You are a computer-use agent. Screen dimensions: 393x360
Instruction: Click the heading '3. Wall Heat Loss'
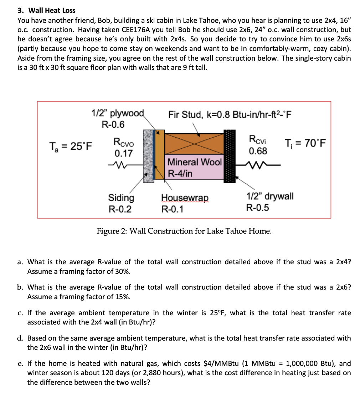pyautogui.click(x=46, y=10)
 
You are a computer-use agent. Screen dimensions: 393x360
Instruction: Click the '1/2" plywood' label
pyautogui.click(x=118, y=113)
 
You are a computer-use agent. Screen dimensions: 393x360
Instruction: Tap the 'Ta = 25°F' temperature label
pyautogui.click(x=70, y=146)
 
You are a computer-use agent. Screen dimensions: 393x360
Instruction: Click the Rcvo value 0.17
pyautogui.click(x=123, y=154)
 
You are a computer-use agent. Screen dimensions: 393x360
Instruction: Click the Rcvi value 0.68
pyautogui.click(x=258, y=151)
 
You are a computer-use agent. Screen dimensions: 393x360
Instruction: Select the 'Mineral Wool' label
pyautogui.click(x=194, y=162)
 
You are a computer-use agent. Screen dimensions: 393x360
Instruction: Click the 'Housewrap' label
pyautogui.click(x=185, y=198)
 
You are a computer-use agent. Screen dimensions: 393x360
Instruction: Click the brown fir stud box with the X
pyautogui.click(x=194, y=144)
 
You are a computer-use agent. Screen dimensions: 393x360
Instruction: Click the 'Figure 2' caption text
pyautogui.click(x=184, y=231)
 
